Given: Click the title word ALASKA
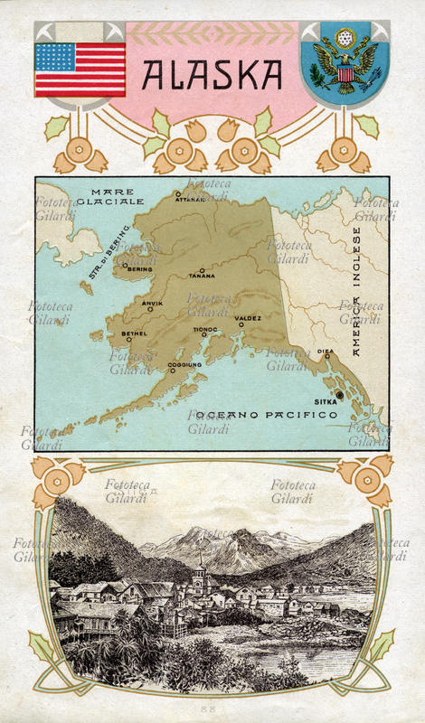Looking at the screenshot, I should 212,73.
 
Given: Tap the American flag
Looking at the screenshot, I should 80,70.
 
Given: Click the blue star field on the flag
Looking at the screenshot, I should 54,56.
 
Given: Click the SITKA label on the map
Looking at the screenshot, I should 325,400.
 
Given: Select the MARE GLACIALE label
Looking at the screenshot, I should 110,197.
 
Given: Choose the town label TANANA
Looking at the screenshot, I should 202,276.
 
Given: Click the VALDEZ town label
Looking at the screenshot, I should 248,318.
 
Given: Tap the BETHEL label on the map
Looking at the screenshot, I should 134,333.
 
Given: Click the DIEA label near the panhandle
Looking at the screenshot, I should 326,351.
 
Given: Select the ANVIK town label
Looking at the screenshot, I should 153,303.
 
